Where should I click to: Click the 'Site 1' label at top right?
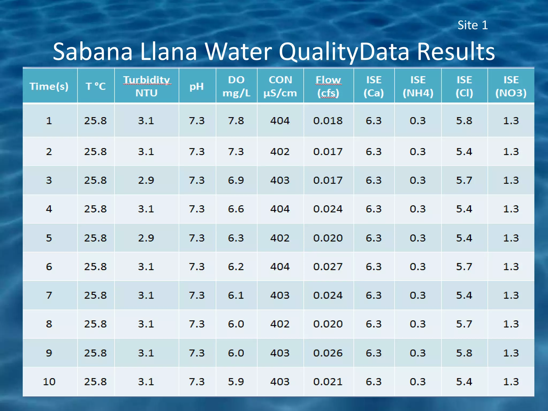[x=473, y=25]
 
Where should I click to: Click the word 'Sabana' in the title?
[x=93, y=51]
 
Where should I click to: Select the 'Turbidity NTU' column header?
[x=146, y=86]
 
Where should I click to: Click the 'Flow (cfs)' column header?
[x=328, y=86]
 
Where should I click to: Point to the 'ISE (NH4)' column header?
[x=418, y=86]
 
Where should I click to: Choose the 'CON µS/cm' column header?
[x=280, y=86]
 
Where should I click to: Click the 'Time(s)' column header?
[x=49, y=86]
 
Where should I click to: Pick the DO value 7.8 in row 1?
[x=236, y=121]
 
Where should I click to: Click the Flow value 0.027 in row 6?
[x=328, y=267]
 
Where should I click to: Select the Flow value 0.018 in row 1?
[x=328, y=121]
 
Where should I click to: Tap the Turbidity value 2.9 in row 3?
[x=146, y=180]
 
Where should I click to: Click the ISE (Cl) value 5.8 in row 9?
[x=464, y=353]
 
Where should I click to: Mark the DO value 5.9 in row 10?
[x=236, y=382]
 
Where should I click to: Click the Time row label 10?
[x=49, y=382]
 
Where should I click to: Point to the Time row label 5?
[x=49, y=238]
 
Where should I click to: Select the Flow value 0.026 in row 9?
[x=328, y=353]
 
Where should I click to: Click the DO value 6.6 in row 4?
[x=236, y=209]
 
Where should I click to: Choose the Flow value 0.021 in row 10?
[x=328, y=382]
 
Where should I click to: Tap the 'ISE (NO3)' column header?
[x=511, y=86]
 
